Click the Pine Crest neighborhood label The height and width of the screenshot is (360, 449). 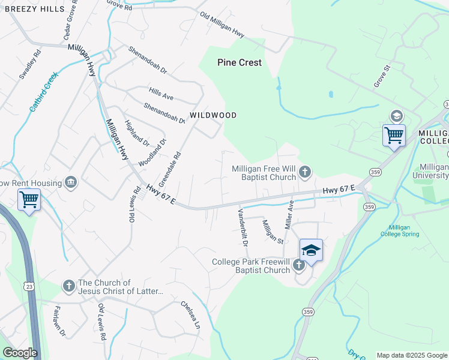tap(240, 62)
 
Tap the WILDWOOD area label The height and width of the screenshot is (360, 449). tap(213, 115)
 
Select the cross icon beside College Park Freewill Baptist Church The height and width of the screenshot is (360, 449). tap(298, 265)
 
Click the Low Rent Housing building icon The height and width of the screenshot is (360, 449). tap(71, 182)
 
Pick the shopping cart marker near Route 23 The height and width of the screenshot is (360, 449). tap(29, 199)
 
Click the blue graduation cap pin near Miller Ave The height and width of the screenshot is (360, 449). tap(312, 250)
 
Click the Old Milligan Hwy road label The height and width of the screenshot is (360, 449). tap(222, 26)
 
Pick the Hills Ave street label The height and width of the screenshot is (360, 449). tap(161, 93)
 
